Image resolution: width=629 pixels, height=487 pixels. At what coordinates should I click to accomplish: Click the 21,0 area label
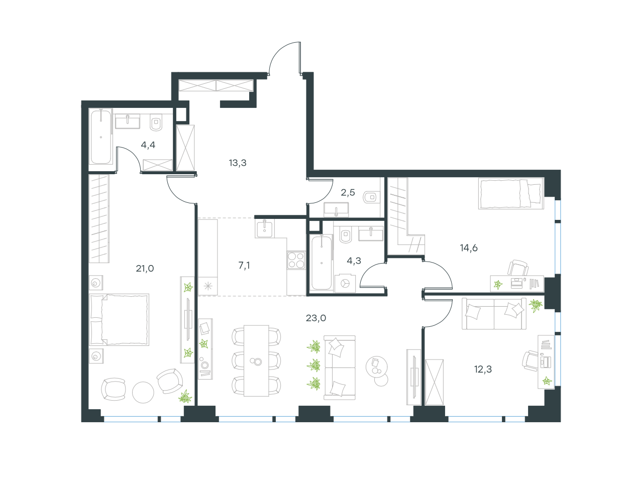(145, 269)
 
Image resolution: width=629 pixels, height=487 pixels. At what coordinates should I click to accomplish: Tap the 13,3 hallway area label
(238, 163)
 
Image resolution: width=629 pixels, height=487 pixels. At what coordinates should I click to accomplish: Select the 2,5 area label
(348, 192)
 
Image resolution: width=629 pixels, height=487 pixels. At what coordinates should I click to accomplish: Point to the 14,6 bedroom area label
(469, 248)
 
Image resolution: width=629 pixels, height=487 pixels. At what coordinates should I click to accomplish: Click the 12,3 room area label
(483, 370)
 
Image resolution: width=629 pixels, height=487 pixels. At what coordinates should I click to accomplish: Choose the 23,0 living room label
(316, 318)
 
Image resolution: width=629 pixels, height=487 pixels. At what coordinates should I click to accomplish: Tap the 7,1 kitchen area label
(244, 266)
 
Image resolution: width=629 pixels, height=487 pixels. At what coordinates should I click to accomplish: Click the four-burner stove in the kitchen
(296, 260)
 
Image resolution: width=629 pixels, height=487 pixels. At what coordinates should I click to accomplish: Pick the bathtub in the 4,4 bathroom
(100, 137)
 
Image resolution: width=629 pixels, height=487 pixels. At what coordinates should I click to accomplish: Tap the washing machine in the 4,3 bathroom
(345, 283)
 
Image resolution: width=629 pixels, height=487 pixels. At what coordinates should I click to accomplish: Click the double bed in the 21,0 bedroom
(119, 319)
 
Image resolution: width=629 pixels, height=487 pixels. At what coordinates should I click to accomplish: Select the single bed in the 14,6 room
(511, 193)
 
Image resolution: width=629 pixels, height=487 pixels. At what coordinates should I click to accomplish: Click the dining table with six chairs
(256, 360)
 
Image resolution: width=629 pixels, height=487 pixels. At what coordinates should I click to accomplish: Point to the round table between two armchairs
(143, 392)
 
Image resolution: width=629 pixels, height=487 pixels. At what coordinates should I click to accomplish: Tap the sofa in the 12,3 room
(494, 314)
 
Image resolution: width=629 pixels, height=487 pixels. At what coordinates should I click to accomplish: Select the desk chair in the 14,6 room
(518, 268)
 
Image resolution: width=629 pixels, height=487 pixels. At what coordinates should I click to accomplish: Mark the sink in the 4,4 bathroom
(128, 121)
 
